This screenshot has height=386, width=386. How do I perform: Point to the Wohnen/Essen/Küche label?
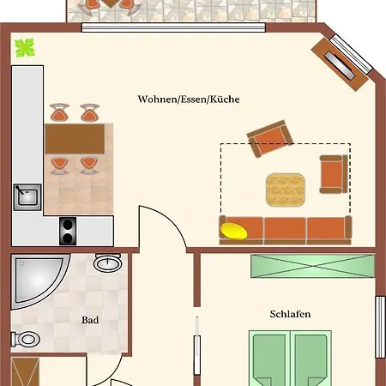coord(189,100)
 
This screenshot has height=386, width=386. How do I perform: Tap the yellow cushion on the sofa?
coord(234,229)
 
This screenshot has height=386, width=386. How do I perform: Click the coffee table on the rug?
coord(285,188)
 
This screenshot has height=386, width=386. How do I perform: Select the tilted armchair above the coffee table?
coord(268,139)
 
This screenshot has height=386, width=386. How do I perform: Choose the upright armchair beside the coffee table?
coord(333,174)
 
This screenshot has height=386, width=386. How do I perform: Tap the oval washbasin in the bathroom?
coord(108,262)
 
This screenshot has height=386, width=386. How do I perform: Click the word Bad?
coord(90,321)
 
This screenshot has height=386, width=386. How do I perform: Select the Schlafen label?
coord(289,314)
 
